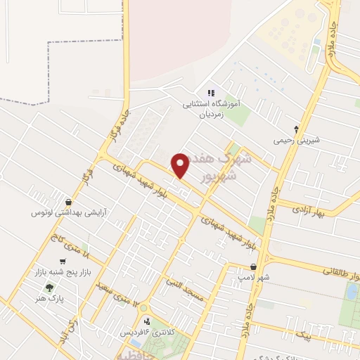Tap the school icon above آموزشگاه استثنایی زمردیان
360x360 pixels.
[x=210, y=93]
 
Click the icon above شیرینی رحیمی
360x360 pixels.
[x=296, y=129]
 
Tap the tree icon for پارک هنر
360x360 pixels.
[x=49, y=288]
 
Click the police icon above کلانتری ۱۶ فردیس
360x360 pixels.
[x=146, y=321]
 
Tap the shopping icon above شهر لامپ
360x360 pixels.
[x=253, y=267]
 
